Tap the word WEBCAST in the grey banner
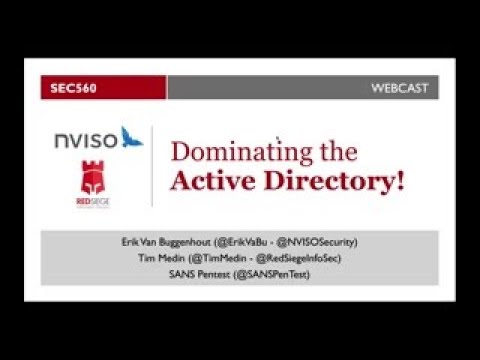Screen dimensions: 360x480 pos(400,88)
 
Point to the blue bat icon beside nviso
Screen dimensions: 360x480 pos(130,137)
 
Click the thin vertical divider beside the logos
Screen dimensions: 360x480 pos(152,166)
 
